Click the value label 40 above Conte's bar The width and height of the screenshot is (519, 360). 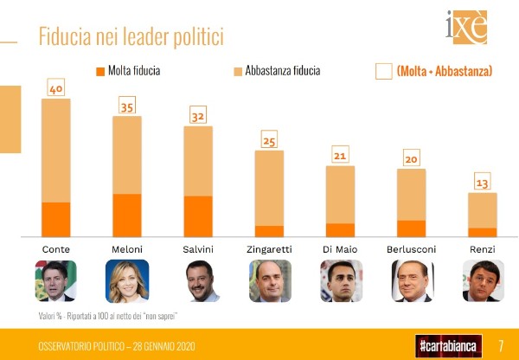[56, 88]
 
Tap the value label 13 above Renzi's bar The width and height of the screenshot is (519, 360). [483, 183]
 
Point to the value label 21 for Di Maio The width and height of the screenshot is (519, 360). [341, 156]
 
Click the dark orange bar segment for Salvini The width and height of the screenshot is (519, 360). [198, 215]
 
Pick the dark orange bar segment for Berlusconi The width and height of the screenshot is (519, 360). [411, 228]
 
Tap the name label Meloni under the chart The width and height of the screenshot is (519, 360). [127, 249]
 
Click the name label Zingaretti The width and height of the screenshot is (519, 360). [269, 249]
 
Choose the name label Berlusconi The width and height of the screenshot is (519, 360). [411, 249]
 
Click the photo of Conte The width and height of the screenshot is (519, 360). [56, 280]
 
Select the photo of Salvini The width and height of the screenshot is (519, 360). [198, 280]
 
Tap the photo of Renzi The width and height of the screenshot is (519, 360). [483, 280]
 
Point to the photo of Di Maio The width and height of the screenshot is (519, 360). [341, 280]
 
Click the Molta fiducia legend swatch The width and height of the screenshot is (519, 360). [100, 71]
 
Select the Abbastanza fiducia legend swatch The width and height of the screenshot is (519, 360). [238, 71]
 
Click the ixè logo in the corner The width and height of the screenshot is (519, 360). [467, 28]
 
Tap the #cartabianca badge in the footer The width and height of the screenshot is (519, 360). [446, 344]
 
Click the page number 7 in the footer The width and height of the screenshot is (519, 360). [501, 344]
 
